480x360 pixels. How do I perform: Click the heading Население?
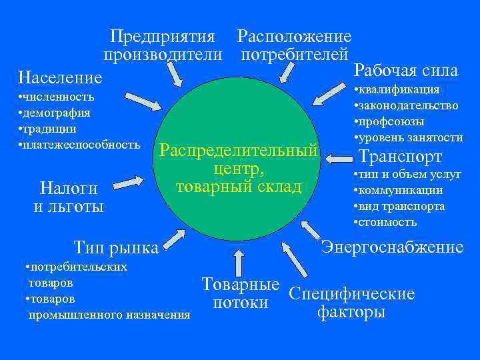(x=61, y=78)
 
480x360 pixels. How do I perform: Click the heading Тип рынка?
(x=117, y=248)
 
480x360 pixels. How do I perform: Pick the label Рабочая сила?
(x=406, y=70)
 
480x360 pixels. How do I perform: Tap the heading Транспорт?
(x=400, y=157)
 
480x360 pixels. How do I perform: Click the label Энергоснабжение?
(x=392, y=247)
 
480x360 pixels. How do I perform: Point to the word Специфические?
(x=351, y=294)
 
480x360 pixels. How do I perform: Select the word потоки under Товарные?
(x=240, y=303)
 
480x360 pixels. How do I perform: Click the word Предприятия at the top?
(x=163, y=36)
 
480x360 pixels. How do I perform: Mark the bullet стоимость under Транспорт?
(x=387, y=222)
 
